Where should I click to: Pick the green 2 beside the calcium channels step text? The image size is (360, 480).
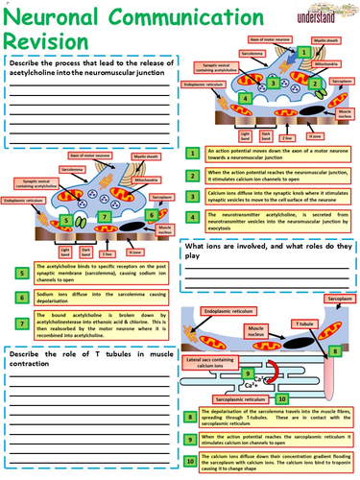click(x=195, y=176)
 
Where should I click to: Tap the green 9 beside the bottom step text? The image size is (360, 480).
click(x=195, y=440)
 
